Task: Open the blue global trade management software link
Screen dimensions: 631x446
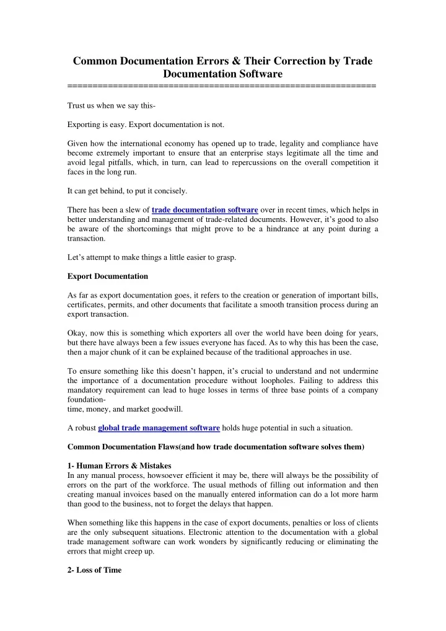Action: click(159, 428)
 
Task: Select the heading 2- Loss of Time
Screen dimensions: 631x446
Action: click(94, 570)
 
